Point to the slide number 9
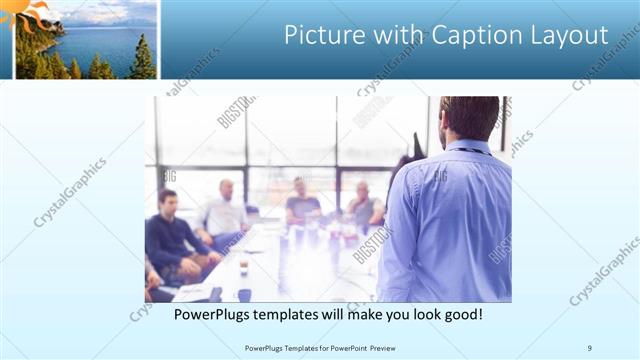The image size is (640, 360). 590,348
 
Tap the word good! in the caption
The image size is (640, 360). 463,314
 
